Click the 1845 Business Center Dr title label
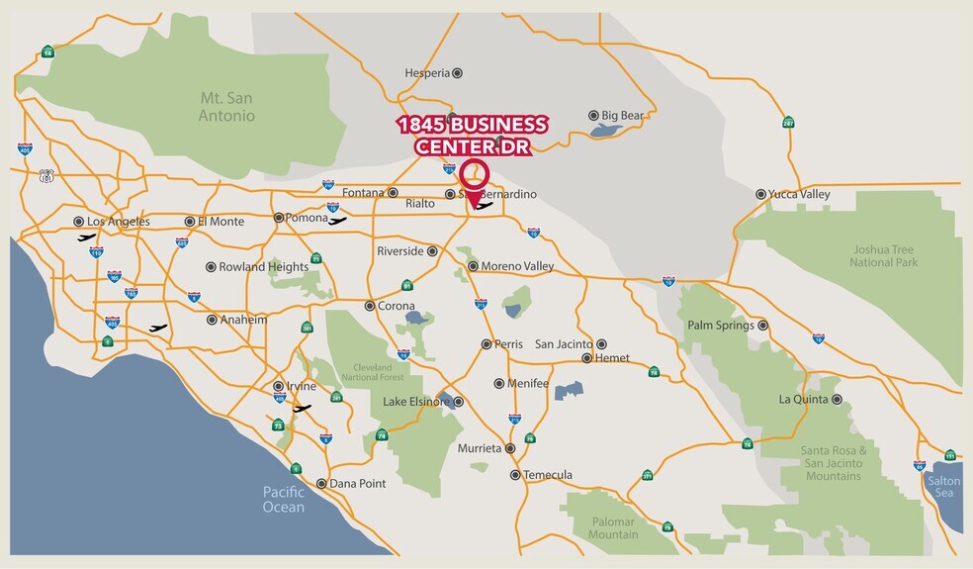pos(472,136)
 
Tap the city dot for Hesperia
pos(457,73)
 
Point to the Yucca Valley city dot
pos(760,195)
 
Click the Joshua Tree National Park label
pos(884,255)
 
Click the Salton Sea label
pos(942,487)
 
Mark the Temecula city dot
pos(515,475)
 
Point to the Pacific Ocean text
pos(284,500)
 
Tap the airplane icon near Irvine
pos(302,408)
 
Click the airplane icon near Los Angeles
pos(88,237)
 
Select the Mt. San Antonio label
pos(227,107)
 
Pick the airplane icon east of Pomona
pos(338,221)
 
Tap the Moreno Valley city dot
pos(473,266)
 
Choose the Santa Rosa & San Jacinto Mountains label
pos(834,463)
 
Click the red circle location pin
pos(476,174)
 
